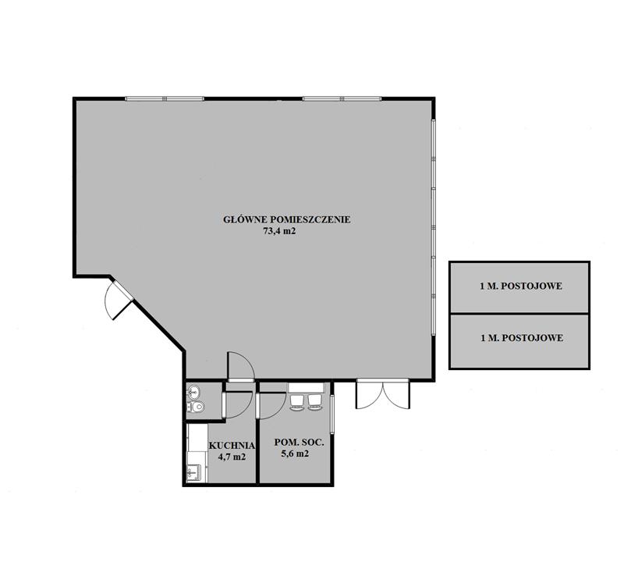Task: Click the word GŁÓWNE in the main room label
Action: (x=244, y=219)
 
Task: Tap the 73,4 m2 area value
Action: (x=279, y=231)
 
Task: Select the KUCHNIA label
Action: (x=232, y=445)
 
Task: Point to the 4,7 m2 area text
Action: (x=232, y=457)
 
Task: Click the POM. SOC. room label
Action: (x=299, y=442)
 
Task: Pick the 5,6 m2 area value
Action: (x=295, y=454)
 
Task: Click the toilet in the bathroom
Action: (x=196, y=407)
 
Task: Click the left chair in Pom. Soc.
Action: (x=297, y=401)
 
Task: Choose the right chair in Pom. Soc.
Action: (x=314, y=401)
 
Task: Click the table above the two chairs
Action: (x=306, y=388)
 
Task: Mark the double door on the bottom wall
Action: (x=382, y=394)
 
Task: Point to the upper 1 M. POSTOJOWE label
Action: (x=521, y=286)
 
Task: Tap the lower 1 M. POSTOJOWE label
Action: (x=522, y=338)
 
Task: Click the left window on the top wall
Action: (x=165, y=98)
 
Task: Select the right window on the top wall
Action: (x=342, y=98)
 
